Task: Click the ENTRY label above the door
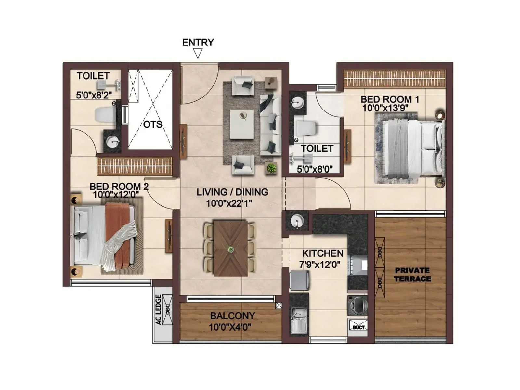click(x=198, y=43)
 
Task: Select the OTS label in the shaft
click(x=152, y=124)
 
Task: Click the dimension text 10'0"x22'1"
click(x=229, y=203)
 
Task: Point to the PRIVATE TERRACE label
click(x=412, y=275)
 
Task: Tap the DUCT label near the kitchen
click(x=358, y=327)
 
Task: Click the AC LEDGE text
click(x=159, y=309)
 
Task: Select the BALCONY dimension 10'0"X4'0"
click(x=230, y=327)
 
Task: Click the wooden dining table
click(x=230, y=249)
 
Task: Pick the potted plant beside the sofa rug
click(x=271, y=168)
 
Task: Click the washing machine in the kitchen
click(x=357, y=305)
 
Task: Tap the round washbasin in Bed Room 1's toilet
click(x=297, y=102)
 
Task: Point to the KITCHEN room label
click(x=323, y=253)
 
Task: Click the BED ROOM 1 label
click(x=390, y=99)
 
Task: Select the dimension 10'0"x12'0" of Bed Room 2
click(x=116, y=195)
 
